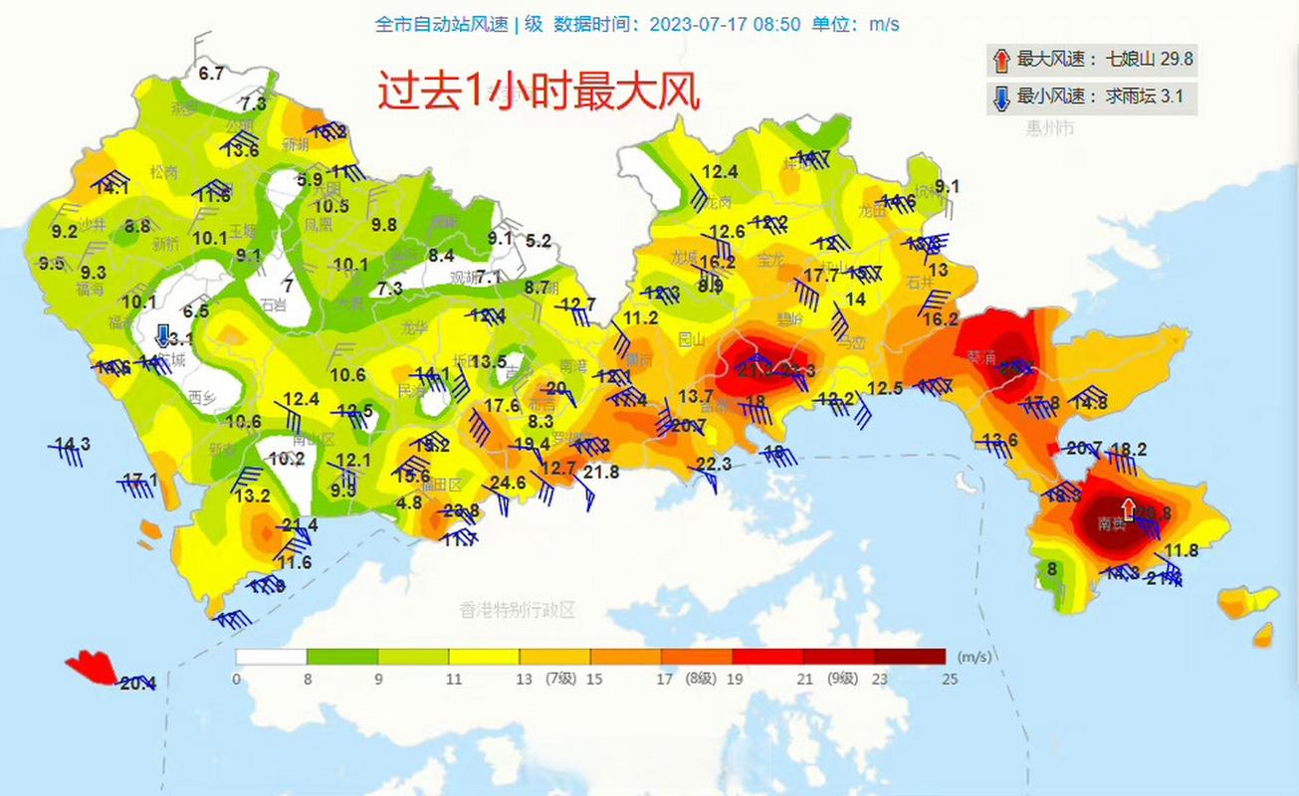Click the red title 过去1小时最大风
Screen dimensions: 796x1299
coord(539,93)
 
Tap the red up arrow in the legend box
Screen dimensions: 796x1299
coord(1000,60)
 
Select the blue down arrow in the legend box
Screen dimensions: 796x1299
coord(1000,98)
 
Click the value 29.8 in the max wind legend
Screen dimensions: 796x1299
coord(1176,60)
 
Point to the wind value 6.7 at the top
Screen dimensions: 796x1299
coord(211,73)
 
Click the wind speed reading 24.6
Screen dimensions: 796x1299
coord(508,484)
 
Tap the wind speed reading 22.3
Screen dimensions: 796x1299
coord(714,465)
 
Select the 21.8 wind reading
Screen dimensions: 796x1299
coord(601,473)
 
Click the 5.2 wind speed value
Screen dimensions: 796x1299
coord(539,240)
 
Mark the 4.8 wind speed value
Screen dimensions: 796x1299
coord(409,503)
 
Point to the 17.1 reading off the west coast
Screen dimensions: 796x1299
coord(139,481)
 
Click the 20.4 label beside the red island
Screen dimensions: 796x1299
coord(137,684)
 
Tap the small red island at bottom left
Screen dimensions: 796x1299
coord(93,668)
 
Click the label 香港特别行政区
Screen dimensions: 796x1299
coord(518,610)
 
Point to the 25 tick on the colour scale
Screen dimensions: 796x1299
coord(950,680)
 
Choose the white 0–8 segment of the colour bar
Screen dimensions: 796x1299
coord(271,657)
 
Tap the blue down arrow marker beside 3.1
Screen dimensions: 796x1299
coord(163,334)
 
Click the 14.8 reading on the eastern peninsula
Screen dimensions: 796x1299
coord(1089,403)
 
